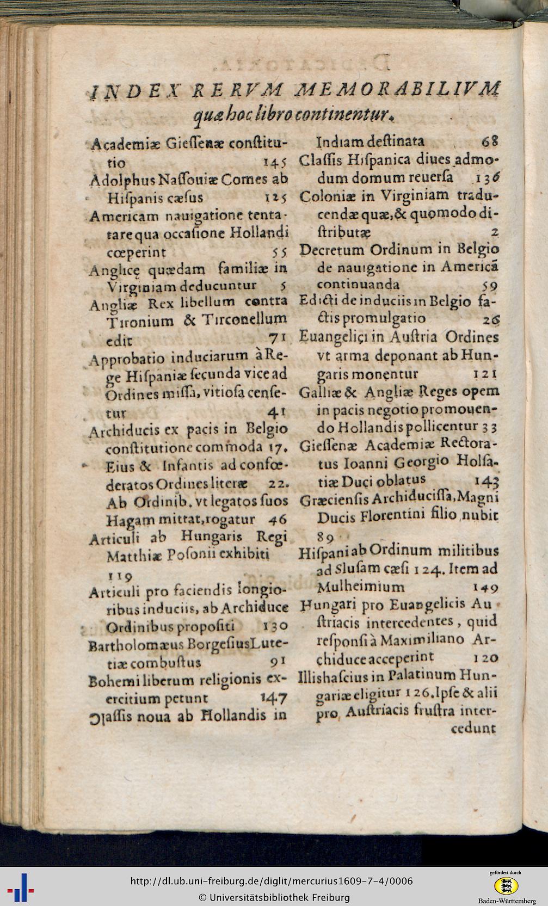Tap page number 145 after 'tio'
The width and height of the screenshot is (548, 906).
point(275,163)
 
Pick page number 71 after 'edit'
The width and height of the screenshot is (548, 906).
point(278,339)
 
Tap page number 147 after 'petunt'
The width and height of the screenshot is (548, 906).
point(274,697)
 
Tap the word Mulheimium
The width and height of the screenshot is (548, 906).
point(360,587)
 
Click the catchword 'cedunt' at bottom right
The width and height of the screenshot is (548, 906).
point(473,728)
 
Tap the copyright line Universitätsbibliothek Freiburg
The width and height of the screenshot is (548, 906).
point(274,897)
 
